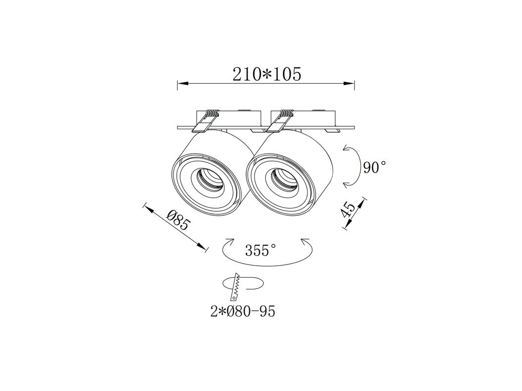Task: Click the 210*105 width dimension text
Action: (266, 74)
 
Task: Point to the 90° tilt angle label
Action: (374, 167)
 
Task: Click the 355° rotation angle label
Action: (261, 250)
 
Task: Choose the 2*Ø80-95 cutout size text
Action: (243, 311)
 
